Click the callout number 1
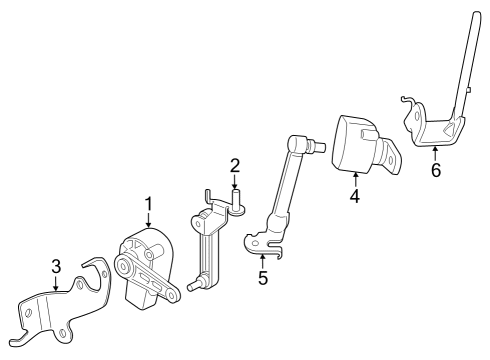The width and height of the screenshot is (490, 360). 148,204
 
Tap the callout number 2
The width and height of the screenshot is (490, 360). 234,165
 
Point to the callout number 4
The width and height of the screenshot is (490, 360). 354,196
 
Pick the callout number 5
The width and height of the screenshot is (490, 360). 263,277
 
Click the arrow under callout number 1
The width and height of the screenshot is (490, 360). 148,221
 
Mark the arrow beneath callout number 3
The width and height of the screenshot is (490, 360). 57,283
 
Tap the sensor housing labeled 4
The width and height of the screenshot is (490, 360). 355,145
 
